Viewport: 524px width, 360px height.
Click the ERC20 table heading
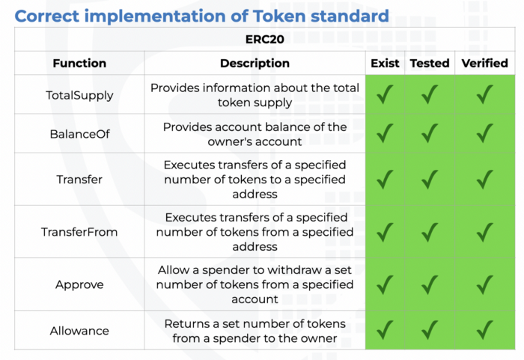coord(265,40)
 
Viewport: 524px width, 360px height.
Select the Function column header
coord(79,63)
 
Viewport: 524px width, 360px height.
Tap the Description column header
coord(255,63)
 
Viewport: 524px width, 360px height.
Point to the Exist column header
coord(385,63)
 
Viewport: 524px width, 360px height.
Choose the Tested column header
coord(430,63)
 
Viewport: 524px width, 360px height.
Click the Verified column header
coord(485,63)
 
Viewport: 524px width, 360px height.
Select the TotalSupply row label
coord(79,96)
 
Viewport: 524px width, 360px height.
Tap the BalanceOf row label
coord(79,134)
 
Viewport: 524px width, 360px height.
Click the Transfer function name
coord(79,180)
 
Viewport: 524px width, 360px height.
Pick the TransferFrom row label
coord(79,232)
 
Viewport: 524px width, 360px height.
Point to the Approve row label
coord(79,285)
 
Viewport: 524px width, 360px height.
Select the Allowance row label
coord(79,331)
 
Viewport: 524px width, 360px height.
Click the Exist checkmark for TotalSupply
coord(385,94)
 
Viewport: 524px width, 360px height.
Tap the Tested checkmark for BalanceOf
coord(430,133)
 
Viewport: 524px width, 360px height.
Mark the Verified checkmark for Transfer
coord(484,180)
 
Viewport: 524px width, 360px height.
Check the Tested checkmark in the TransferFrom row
coord(430,232)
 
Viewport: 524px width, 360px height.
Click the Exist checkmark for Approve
coord(385,285)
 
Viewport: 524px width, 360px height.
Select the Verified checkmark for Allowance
coord(484,330)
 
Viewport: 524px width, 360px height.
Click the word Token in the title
coord(279,16)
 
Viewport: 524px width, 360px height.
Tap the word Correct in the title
coord(47,16)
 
